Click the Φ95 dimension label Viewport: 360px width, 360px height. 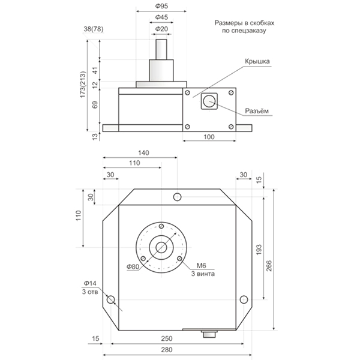160,6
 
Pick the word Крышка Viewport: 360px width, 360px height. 259,61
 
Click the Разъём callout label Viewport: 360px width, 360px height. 259,110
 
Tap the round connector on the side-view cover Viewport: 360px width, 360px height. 209,101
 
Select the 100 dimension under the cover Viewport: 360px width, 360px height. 209,137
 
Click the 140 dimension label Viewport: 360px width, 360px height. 142,152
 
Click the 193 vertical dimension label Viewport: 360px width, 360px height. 257,248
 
